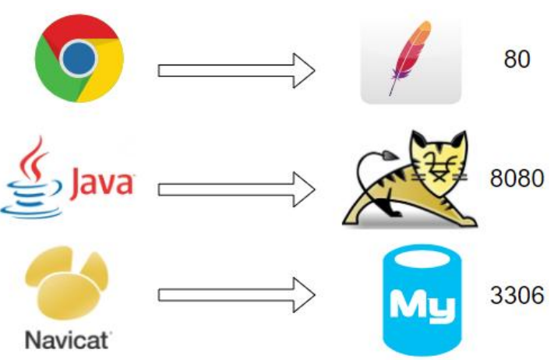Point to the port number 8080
point(516,178)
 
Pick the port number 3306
point(516,296)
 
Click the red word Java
point(103,185)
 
